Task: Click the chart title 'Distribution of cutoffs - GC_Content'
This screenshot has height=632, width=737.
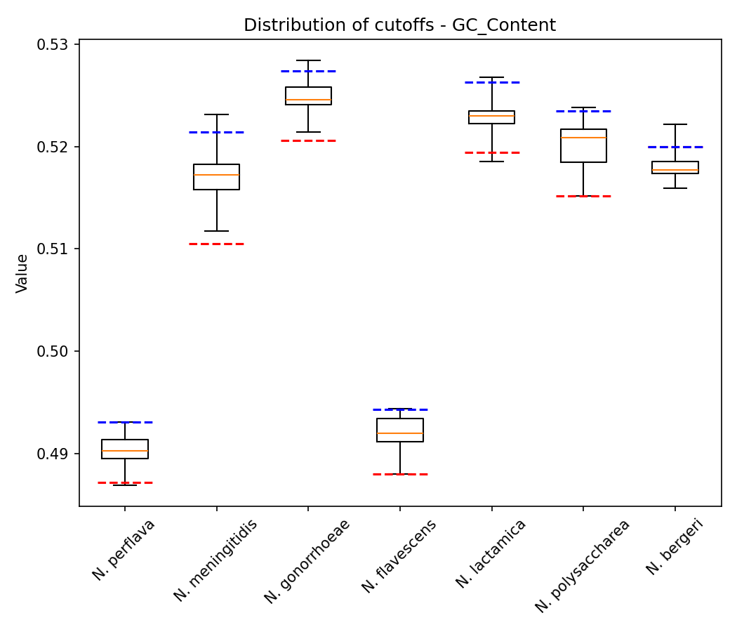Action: click(x=399, y=25)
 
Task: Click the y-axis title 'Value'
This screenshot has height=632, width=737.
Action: click(x=22, y=273)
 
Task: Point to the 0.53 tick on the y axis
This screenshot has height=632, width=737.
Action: click(x=57, y=44)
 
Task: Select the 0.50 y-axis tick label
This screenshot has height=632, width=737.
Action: click(x=57, y=351)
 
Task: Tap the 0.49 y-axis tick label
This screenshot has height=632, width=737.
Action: click(x=57, y=454)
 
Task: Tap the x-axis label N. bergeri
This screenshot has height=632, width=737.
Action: click(x=675, y=547)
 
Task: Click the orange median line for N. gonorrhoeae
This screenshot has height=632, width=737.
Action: click(x=308, y=100)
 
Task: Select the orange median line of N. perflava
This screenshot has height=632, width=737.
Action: click(x=125, y=451)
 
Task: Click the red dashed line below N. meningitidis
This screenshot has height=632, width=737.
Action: click(x=216, y=244)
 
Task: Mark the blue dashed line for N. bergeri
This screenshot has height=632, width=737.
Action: click(x=675, y=147)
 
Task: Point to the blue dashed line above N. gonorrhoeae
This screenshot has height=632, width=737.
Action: click(x=308, y=71)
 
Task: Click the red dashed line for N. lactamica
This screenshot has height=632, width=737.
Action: click(x=491, y=152)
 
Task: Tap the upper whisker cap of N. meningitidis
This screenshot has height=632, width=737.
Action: click(x=216, y=114)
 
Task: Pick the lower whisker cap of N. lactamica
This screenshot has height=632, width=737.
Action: click(x=491, y=162)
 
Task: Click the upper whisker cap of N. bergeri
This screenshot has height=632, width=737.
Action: click(x=675, y=124)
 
